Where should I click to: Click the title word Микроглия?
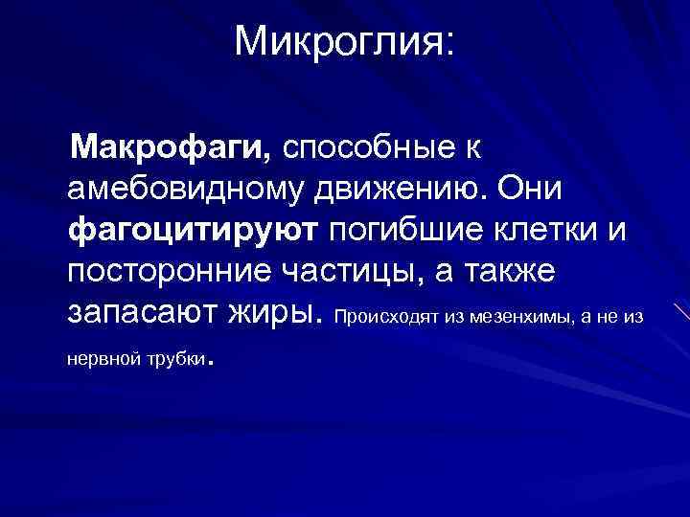(340, 41)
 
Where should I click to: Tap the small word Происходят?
(388, 316)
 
